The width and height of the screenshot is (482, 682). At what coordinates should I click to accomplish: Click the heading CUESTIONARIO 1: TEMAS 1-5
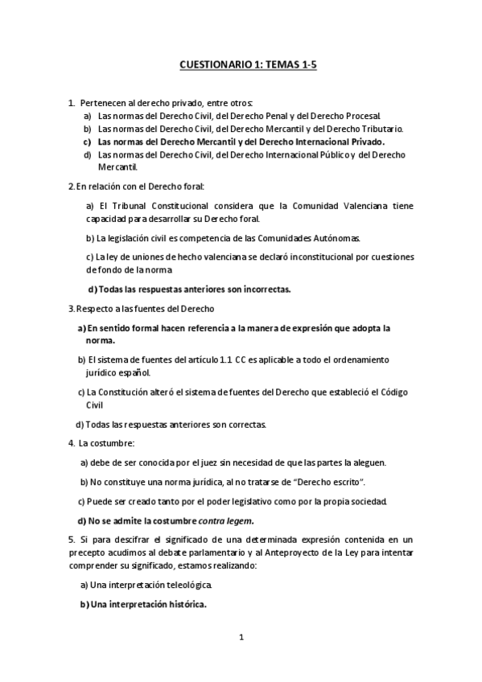(x=248, y=68)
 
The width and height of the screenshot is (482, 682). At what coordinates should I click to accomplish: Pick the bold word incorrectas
(x=262, y=289)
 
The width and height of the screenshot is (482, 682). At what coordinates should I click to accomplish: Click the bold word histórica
(x=183, y=605)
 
